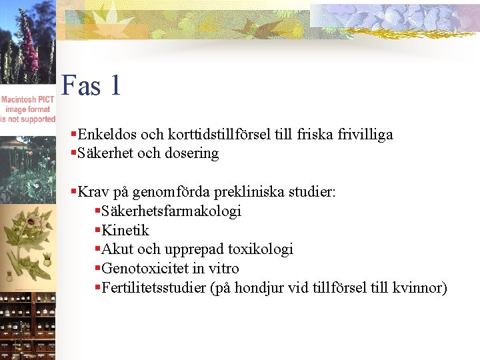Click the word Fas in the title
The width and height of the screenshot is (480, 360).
pos(82,86)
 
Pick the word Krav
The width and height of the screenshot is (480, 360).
pos(92,193)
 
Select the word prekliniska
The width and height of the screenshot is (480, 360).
pos(250,193)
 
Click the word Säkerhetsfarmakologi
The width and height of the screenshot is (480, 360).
pos(171,211)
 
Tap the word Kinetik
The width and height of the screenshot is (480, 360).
pos(125,231)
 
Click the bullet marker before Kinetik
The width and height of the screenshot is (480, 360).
pos(97,231)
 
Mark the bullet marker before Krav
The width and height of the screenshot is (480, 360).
pos(73,193)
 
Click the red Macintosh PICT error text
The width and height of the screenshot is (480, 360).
pos(28,109)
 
